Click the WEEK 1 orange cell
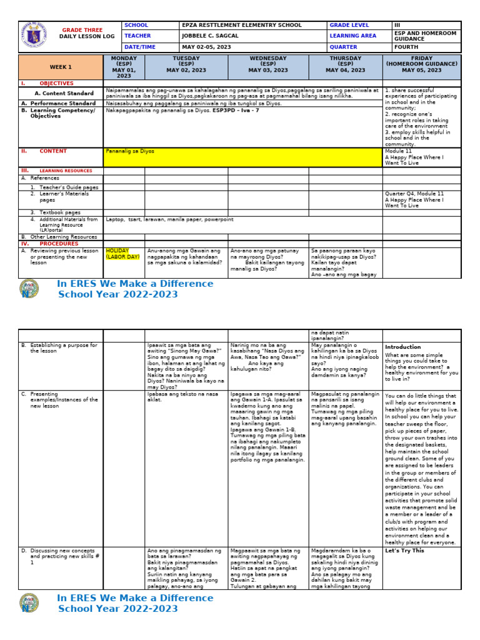(x=61, y=67)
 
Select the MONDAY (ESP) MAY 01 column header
(x=124, y=67)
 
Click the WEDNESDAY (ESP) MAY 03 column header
(x=268, y=64)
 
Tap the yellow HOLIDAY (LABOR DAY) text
(x=122, y=253)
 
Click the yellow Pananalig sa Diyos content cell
(x=242, y=156)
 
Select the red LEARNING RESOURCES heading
(x=65, y=171)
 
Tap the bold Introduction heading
(x=402, y=347)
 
